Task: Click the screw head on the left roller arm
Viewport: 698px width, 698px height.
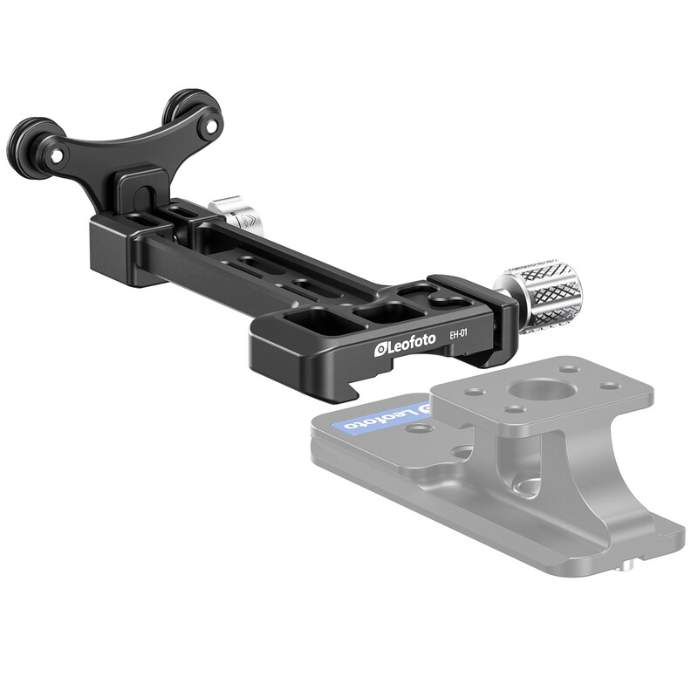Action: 56,156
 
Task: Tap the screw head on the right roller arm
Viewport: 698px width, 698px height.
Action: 211,127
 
